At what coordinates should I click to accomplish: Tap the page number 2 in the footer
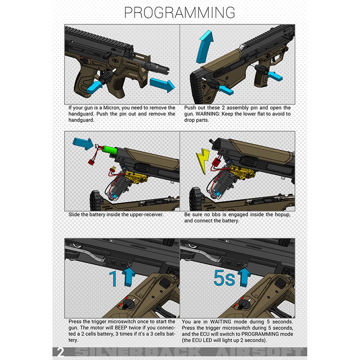[61, 352]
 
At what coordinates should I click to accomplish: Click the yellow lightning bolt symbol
[202, 161]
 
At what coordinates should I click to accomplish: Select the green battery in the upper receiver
[109, 149]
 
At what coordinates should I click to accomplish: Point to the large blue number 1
[113, 279]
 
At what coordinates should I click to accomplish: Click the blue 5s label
[224, 278]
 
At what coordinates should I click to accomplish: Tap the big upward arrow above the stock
[205, 47]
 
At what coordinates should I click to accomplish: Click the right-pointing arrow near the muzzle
[162, 85]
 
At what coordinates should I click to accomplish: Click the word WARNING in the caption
[205, 114]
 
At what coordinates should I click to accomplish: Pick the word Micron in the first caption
[111, 108]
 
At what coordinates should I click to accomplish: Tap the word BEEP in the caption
[121, 328]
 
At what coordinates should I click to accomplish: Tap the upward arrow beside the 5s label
[244, 277]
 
